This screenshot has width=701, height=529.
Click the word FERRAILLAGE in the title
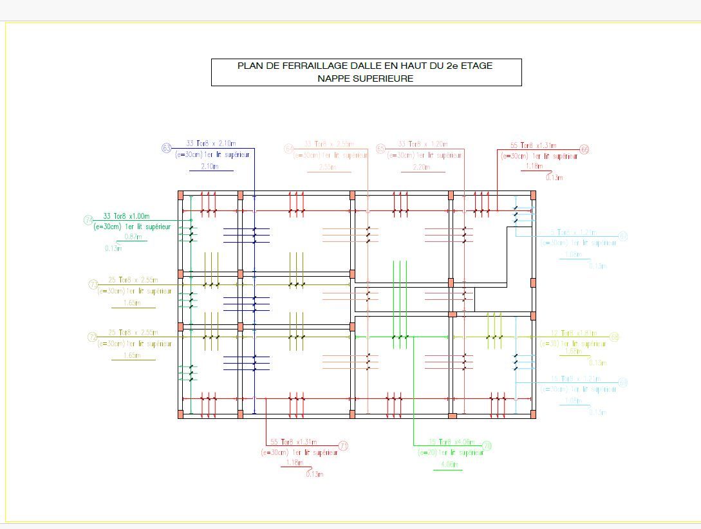point(310,66)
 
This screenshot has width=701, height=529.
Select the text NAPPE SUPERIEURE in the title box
point(365,79)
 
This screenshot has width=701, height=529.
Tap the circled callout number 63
point(167,149)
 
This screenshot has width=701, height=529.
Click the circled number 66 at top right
point(584,149)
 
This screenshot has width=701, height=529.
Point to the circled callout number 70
point(487,446)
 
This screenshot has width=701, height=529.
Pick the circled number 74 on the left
point(89,220)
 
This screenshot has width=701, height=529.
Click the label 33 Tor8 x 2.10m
point(210,144)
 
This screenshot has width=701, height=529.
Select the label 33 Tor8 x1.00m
point(126,216)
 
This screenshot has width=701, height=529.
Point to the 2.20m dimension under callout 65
point(422,167)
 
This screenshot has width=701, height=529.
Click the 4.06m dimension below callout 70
point(448,465)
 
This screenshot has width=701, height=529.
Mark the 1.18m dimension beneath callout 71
point(294,462)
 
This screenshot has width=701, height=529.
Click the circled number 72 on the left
point(93,337)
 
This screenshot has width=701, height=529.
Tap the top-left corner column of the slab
point(181,195)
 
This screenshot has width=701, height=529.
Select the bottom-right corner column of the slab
point(532,414)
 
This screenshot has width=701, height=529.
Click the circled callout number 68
point(614,337)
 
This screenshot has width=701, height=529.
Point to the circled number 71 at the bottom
point(343,446)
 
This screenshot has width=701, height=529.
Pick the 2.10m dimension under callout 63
point(209,166)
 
